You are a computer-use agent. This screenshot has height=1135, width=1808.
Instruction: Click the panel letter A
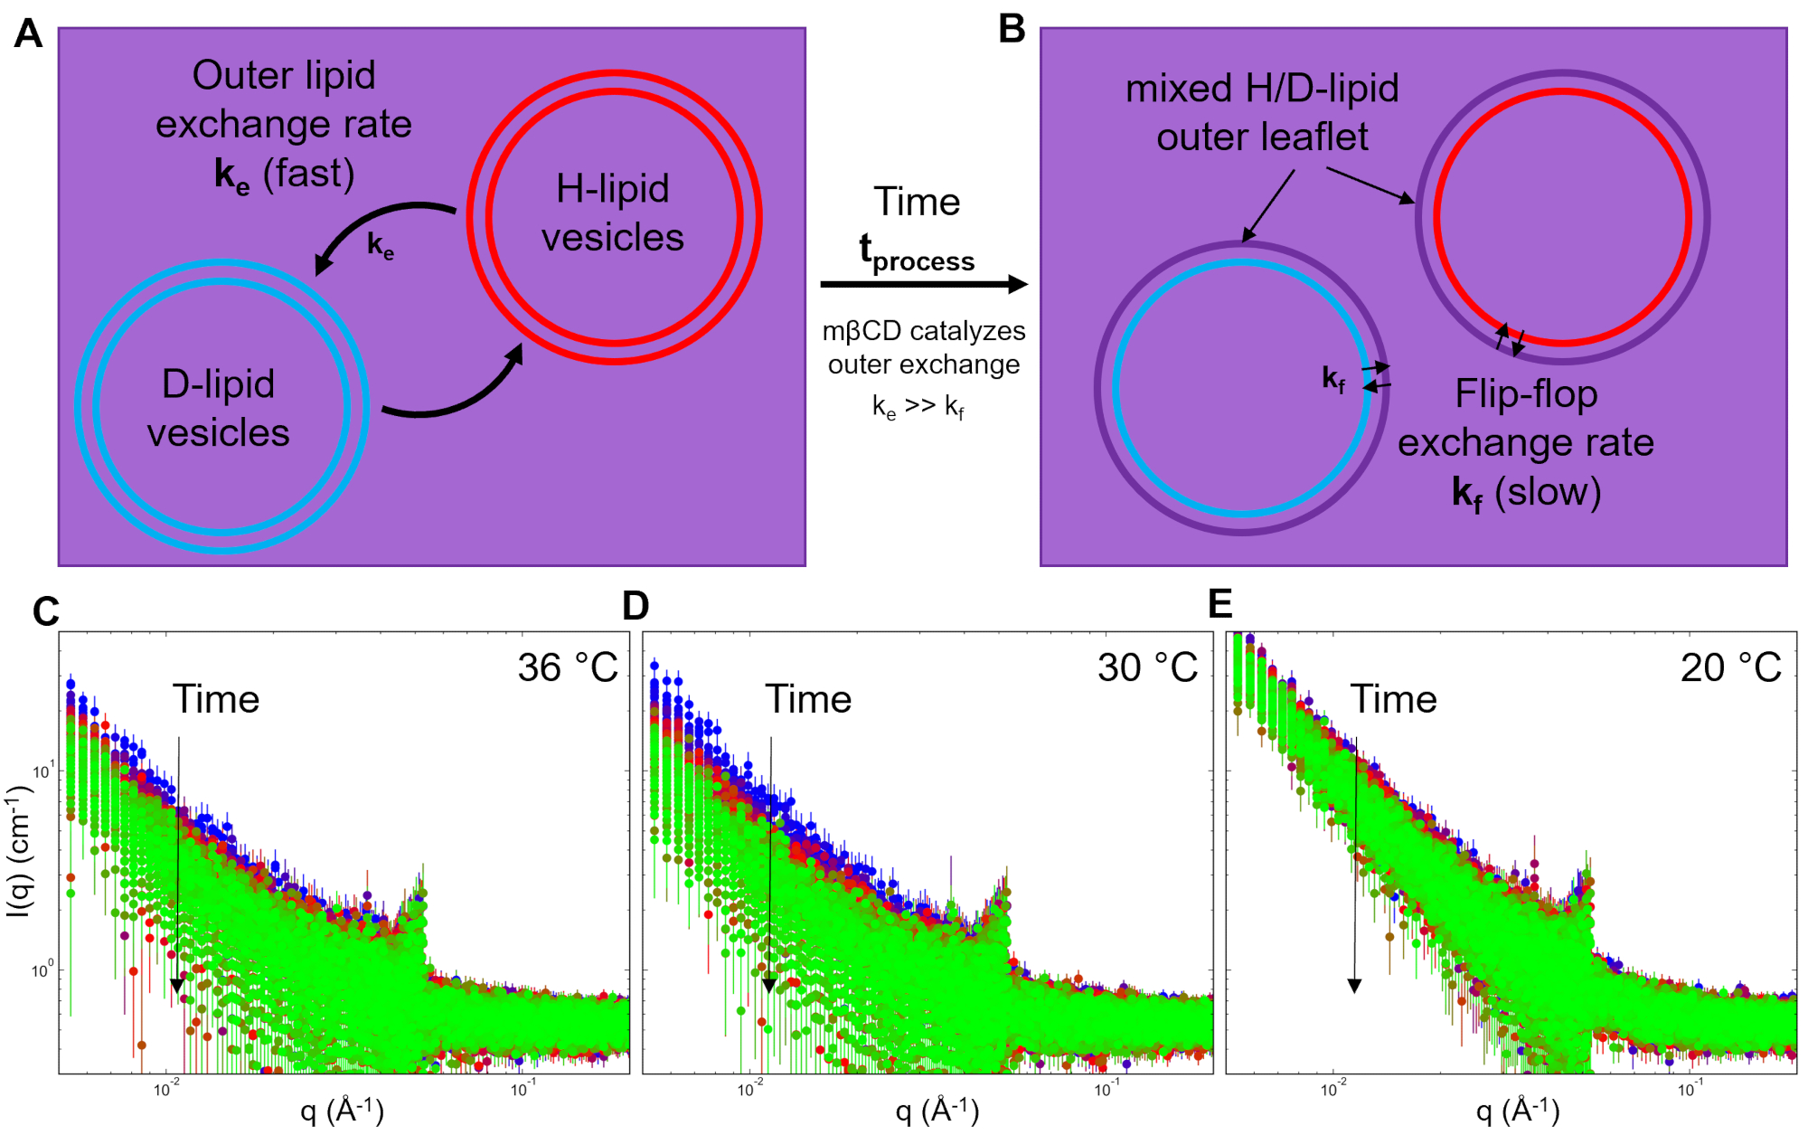28,34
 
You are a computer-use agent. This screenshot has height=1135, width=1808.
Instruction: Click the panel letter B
1012,29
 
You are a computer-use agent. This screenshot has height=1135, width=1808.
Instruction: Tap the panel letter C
45,612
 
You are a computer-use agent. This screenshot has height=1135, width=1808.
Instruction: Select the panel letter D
636,606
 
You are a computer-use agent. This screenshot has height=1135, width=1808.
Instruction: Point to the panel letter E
1220,603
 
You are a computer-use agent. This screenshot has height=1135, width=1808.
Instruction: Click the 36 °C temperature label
568,668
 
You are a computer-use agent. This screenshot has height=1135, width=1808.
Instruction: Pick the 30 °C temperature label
1147,668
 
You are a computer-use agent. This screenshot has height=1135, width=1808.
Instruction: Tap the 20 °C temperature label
1730,668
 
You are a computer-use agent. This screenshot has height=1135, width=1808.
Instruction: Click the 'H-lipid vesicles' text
613,213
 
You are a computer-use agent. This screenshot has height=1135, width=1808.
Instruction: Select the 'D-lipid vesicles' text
219,408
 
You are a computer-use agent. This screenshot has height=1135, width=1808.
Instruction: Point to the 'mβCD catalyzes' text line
924,331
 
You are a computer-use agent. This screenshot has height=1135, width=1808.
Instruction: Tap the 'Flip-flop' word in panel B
1526,394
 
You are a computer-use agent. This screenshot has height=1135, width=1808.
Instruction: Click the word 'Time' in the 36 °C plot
216,699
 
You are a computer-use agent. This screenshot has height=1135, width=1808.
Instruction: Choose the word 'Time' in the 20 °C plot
1393,699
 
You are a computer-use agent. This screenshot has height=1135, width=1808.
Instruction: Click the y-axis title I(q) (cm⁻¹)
20,850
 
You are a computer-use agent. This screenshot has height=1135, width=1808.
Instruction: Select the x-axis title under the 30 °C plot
937,1111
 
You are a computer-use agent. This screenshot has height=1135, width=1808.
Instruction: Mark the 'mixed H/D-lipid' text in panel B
1262,89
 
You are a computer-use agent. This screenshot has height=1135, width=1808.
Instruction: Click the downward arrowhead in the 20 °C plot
1354,985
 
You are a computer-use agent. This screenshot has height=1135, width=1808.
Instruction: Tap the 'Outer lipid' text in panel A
284,75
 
